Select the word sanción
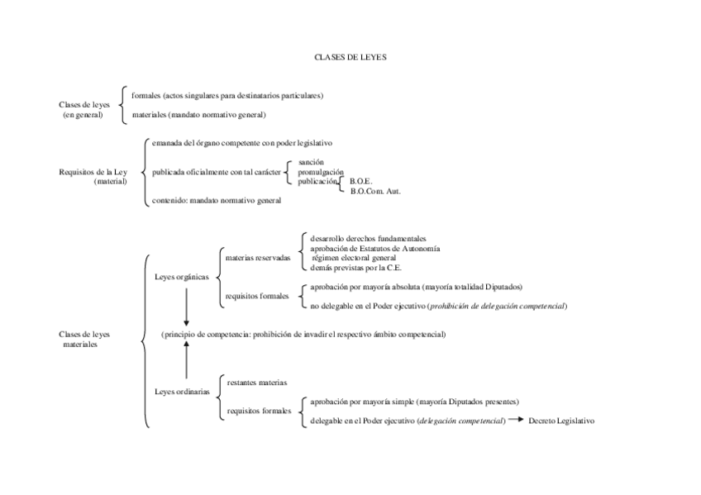tap(311, 163)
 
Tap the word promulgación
tap(321, 172)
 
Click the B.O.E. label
tap(361, 181)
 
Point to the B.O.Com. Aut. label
tap(375, 190)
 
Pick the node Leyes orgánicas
tap(182, 277)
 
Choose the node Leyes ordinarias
tap(182, 391)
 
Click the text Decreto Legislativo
tap(561, 421)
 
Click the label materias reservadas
tap(258, 257)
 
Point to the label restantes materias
tap(257, 383)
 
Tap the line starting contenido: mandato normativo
tap(217, 200)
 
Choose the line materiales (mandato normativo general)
tap(198, 115)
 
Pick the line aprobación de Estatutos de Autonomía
tap(374, 248)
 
